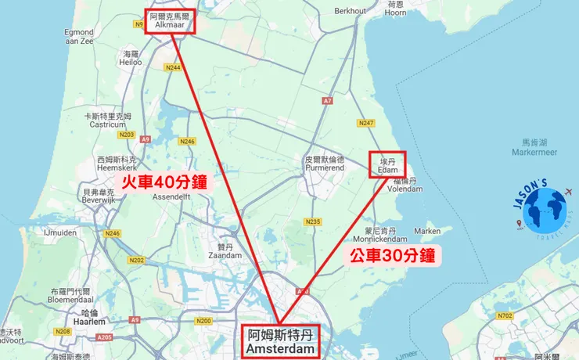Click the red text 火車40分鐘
pos(164,182)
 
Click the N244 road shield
pos(173,68)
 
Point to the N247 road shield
pos(365,123)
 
